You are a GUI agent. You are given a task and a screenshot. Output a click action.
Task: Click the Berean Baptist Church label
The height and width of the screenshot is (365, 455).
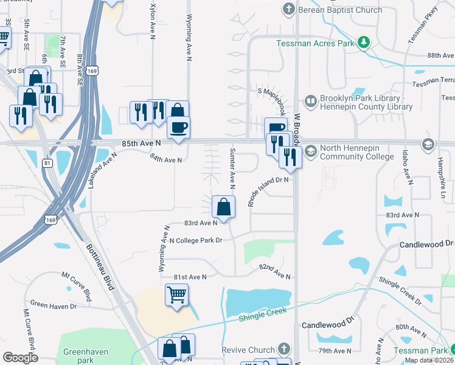340,9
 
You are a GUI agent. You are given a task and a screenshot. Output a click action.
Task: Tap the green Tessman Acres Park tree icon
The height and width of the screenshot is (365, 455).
364,43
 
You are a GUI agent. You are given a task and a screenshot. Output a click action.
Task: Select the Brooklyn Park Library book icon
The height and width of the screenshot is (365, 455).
310,100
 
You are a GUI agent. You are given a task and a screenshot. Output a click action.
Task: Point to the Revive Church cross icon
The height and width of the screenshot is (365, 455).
282,349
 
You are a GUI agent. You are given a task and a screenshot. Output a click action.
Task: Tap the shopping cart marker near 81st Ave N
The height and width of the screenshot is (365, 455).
177,296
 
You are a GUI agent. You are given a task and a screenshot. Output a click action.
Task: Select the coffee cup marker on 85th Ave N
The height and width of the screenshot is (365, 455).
178,128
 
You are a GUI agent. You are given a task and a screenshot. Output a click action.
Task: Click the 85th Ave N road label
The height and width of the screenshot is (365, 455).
141,143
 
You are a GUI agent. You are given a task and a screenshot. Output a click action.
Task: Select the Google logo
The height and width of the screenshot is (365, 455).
21,358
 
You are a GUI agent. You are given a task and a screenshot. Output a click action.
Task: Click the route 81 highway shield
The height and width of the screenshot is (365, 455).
47,163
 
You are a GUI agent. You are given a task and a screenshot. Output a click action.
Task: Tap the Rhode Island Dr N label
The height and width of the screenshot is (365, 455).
267,191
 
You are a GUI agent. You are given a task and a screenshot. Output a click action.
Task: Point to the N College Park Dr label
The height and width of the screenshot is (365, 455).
196,240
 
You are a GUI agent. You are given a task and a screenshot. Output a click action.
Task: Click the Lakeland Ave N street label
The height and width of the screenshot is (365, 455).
102,170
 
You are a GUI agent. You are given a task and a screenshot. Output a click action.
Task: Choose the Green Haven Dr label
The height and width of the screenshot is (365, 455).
54,305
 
